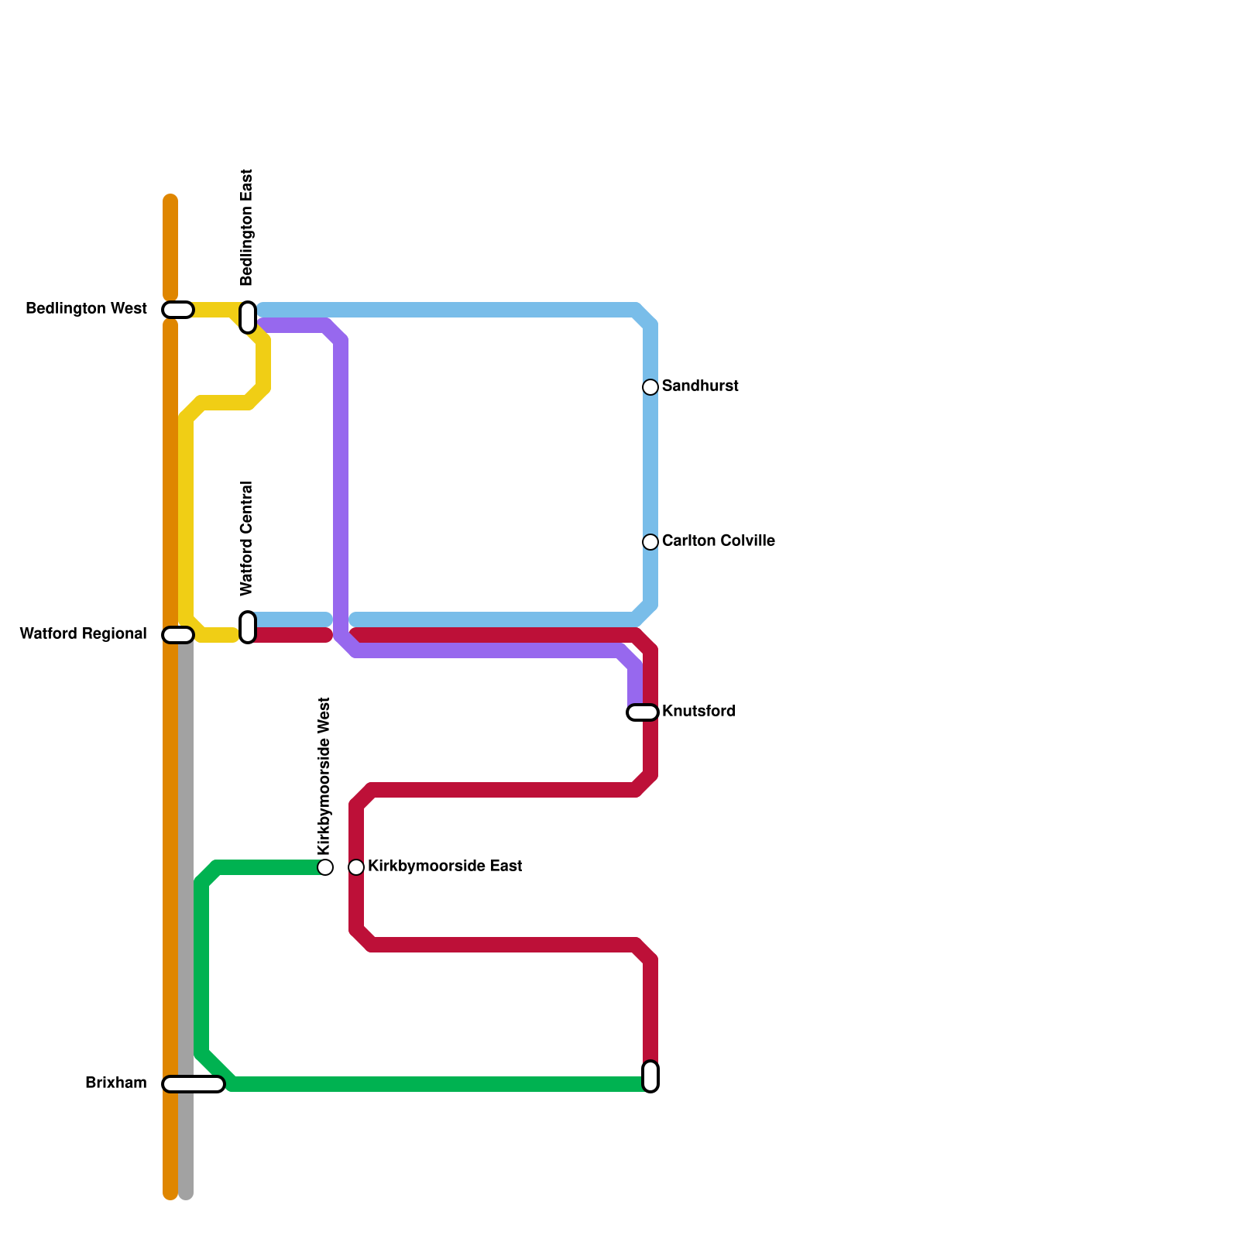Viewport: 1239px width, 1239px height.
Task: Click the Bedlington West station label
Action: [86, 309]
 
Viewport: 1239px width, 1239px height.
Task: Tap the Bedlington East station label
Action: [247, 228]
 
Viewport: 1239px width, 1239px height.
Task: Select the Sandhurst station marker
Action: [650, 387]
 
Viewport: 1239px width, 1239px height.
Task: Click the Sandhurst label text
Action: [700, 386]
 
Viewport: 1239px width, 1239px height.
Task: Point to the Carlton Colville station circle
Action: [650, 542]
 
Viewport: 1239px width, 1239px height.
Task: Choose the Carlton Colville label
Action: [718, 541]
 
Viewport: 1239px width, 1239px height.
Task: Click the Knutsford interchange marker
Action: [643, 712]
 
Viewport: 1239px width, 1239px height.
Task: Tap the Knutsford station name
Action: [698, 712]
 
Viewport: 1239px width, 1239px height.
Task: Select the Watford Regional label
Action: [83, 634]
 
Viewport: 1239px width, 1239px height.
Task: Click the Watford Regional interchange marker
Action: [178, 635]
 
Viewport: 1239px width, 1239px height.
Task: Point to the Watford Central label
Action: [247, 539]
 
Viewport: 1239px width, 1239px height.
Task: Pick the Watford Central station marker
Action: [248, 627]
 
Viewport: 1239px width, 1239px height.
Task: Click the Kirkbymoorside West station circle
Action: [325, 867]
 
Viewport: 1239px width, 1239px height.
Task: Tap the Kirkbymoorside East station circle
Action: [356, 867]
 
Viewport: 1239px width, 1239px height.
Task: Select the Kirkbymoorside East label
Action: [444, 867]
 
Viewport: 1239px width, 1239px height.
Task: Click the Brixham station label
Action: [116, 1083]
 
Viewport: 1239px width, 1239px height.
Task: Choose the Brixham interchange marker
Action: [194, 1084]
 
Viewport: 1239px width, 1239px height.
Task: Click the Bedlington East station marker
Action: [248, 317]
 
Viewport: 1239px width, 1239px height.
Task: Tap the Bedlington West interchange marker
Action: [178, 310]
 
